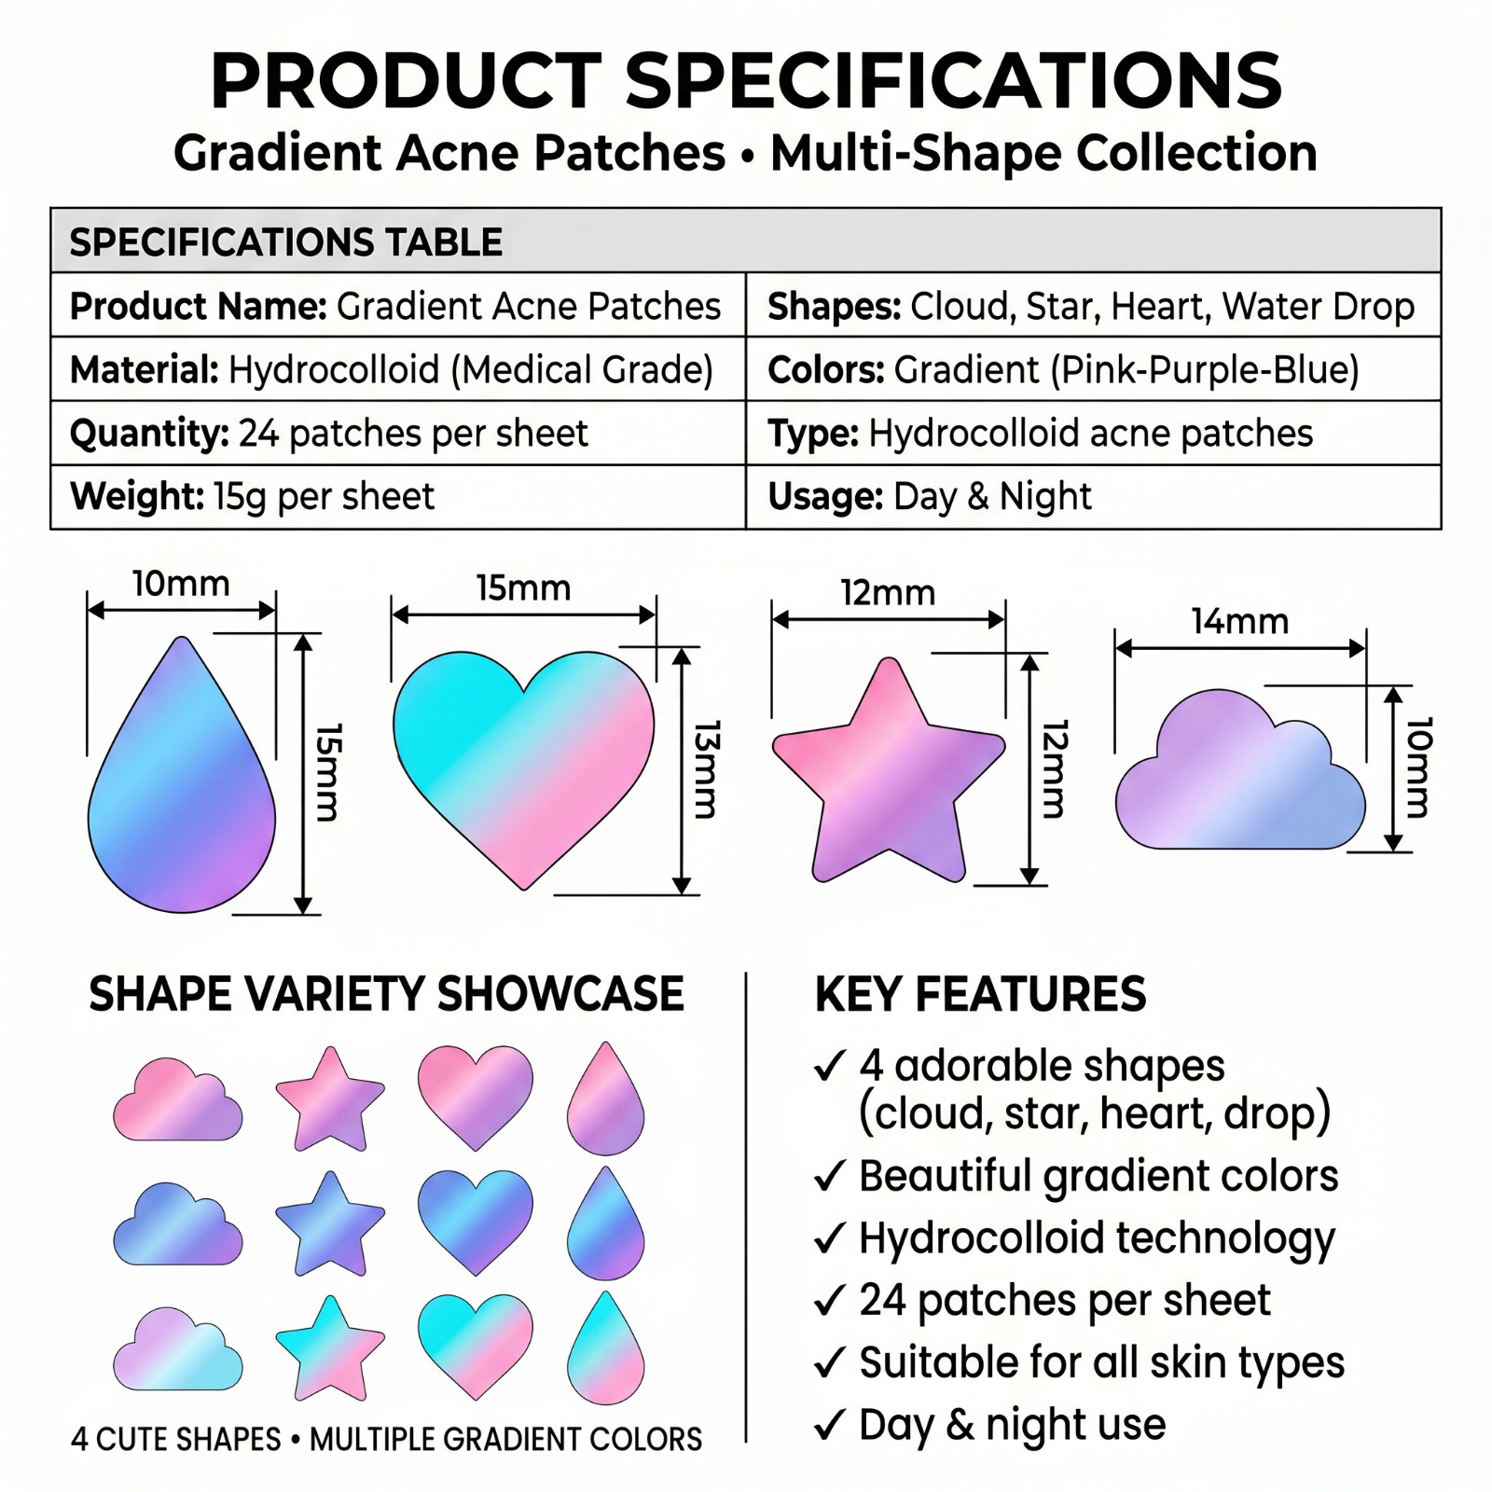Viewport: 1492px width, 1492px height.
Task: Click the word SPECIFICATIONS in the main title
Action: pyautogui.click(x=954, y=80)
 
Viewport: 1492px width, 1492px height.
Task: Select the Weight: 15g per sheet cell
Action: pyautogui.click(x=398, y=497)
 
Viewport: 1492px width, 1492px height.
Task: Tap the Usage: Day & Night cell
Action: pyautogui.click(x=1093, y=497)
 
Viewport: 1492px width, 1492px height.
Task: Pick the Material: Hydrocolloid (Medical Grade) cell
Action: pyautogui.click(x=398, y=369)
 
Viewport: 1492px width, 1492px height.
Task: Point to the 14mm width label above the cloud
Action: pyautogui.click(x=1239, y=621)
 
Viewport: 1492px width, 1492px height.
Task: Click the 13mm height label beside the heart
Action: pyautogui.click(x=707, y=769)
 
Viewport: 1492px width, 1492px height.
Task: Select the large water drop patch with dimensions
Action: pyautogui.click(x=182, y=774)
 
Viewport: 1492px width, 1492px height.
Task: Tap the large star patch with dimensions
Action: pyautogui.click(x=889, y=770)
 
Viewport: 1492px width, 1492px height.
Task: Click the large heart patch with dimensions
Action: pyautogui.click(x=524, y=768)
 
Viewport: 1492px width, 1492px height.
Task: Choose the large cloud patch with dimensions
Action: pyautogui.click(x=1240, y=770)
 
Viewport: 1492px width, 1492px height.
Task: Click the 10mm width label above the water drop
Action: pyautogui.click(x=181, y=584)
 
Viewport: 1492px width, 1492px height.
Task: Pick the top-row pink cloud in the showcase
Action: pyautogui.click(x=177, y=1099)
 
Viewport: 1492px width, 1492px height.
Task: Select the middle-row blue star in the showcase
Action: pyautogui.click(x=330, y=1224)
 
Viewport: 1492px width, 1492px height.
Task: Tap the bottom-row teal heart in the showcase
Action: pyautogui.click(x=476, y=1345)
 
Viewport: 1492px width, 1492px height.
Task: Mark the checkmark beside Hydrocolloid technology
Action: pyautogui.click(x=830, y=1238)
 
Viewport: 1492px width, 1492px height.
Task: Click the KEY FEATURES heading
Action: pyautogui.click(x=980, y=994)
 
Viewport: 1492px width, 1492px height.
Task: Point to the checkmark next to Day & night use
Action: pyautogui.click(x=830, y=1425)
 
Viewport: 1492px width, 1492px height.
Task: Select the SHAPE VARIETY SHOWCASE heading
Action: pyautogui.click(x=386, y=994)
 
